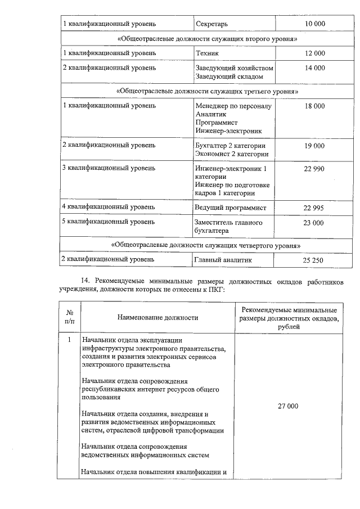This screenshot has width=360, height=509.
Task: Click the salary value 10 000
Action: pos(314,24)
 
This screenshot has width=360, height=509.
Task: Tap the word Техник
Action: pos(206,53)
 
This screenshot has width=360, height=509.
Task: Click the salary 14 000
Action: pos(314,68)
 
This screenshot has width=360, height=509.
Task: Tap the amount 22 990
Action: pos(314,169)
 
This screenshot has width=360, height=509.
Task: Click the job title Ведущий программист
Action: pos(230,208)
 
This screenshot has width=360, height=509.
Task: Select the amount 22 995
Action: pos(314,208)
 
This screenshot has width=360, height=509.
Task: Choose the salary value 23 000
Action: pos(314,223)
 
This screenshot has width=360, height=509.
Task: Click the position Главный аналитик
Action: pos(223,260)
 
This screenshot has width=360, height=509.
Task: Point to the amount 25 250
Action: pos(314,261)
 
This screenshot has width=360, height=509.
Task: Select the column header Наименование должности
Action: pos(157,318)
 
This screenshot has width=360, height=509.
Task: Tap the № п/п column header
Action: pos(70,318)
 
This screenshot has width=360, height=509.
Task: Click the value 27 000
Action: pos(287,406)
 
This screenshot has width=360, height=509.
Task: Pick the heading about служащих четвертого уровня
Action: pos(206,246)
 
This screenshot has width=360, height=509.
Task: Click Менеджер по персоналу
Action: pos(233,106)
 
